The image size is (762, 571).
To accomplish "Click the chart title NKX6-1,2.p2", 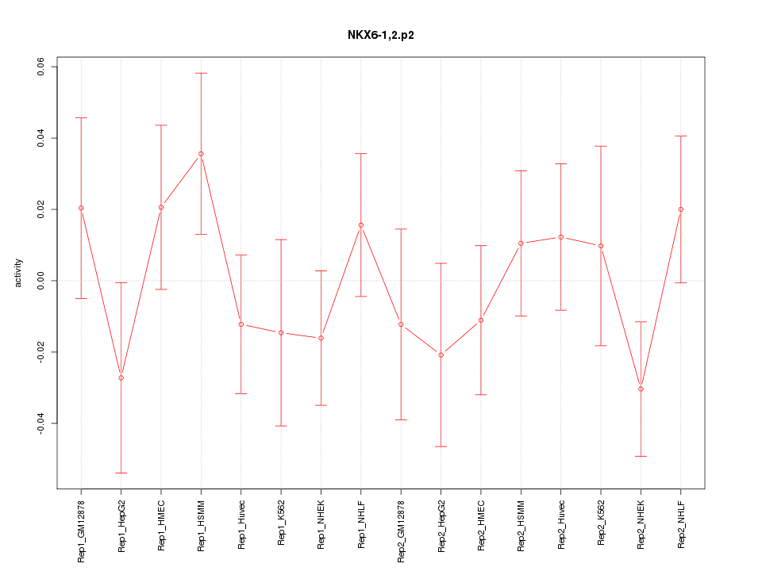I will pyautogui.click(x=380, y=36).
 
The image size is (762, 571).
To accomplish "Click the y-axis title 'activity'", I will pyautogui.click(x=19, y=274).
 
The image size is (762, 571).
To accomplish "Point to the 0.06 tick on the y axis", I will pyautogui.click(x=41, y=67).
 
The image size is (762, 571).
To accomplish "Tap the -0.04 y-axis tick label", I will pyautogui.click(x=41, y=423).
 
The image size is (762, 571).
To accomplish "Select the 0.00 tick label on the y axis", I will pyautogui.click(x=41, y=281).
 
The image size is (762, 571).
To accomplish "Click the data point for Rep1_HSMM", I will pyautogui.click(x=201, y=154).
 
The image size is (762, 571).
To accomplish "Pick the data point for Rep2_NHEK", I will pyautogui.click(x=641, y=389).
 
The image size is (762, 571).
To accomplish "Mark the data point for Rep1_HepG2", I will pyautogui.click(x=121, y=377).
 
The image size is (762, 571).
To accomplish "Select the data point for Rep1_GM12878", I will pyautogui.click(x=81, y=208).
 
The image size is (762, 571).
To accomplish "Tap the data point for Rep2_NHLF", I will pyautogui.click(x=680, y=209).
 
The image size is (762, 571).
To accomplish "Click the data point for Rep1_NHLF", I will pyautogui.click(x=360, y=224).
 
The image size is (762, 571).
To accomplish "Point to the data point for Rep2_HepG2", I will pyautogui.click(x=441, y=354).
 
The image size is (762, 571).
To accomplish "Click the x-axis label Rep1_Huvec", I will pyautogui.click(x=241, y=527).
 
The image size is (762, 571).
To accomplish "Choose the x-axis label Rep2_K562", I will pyautogui.click(x=601, y=528).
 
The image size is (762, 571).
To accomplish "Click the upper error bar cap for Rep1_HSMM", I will pyautogui.click(x=201, y=73).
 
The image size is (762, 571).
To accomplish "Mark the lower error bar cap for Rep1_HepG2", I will pyautogui.click(x=121, y=473).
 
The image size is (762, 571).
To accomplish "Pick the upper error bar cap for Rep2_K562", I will pyautogui.click(x=601, y=146).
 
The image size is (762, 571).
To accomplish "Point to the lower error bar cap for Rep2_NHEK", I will pyautogui.click(x=641, y=456).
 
